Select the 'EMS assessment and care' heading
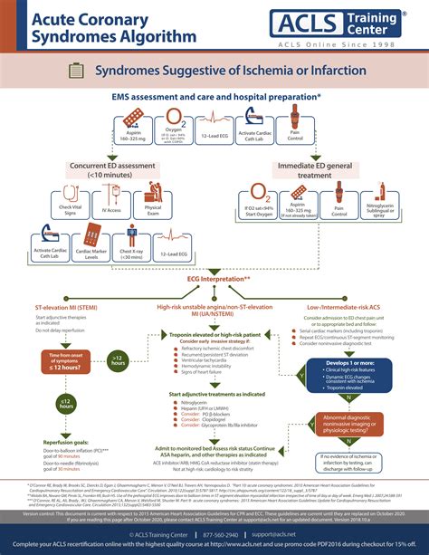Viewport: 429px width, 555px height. click(x=214, y=95)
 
